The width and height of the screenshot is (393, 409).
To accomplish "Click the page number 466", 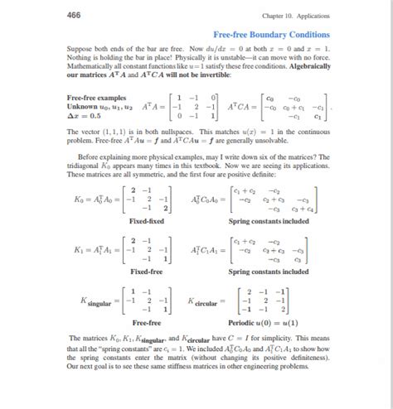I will tap(75, 15).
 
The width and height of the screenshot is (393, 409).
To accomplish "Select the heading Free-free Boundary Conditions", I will tap(271, 35).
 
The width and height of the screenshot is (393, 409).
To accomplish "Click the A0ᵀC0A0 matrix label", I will tap(206, 200).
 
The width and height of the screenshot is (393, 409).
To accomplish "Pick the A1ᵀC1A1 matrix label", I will tap(206, 249).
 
